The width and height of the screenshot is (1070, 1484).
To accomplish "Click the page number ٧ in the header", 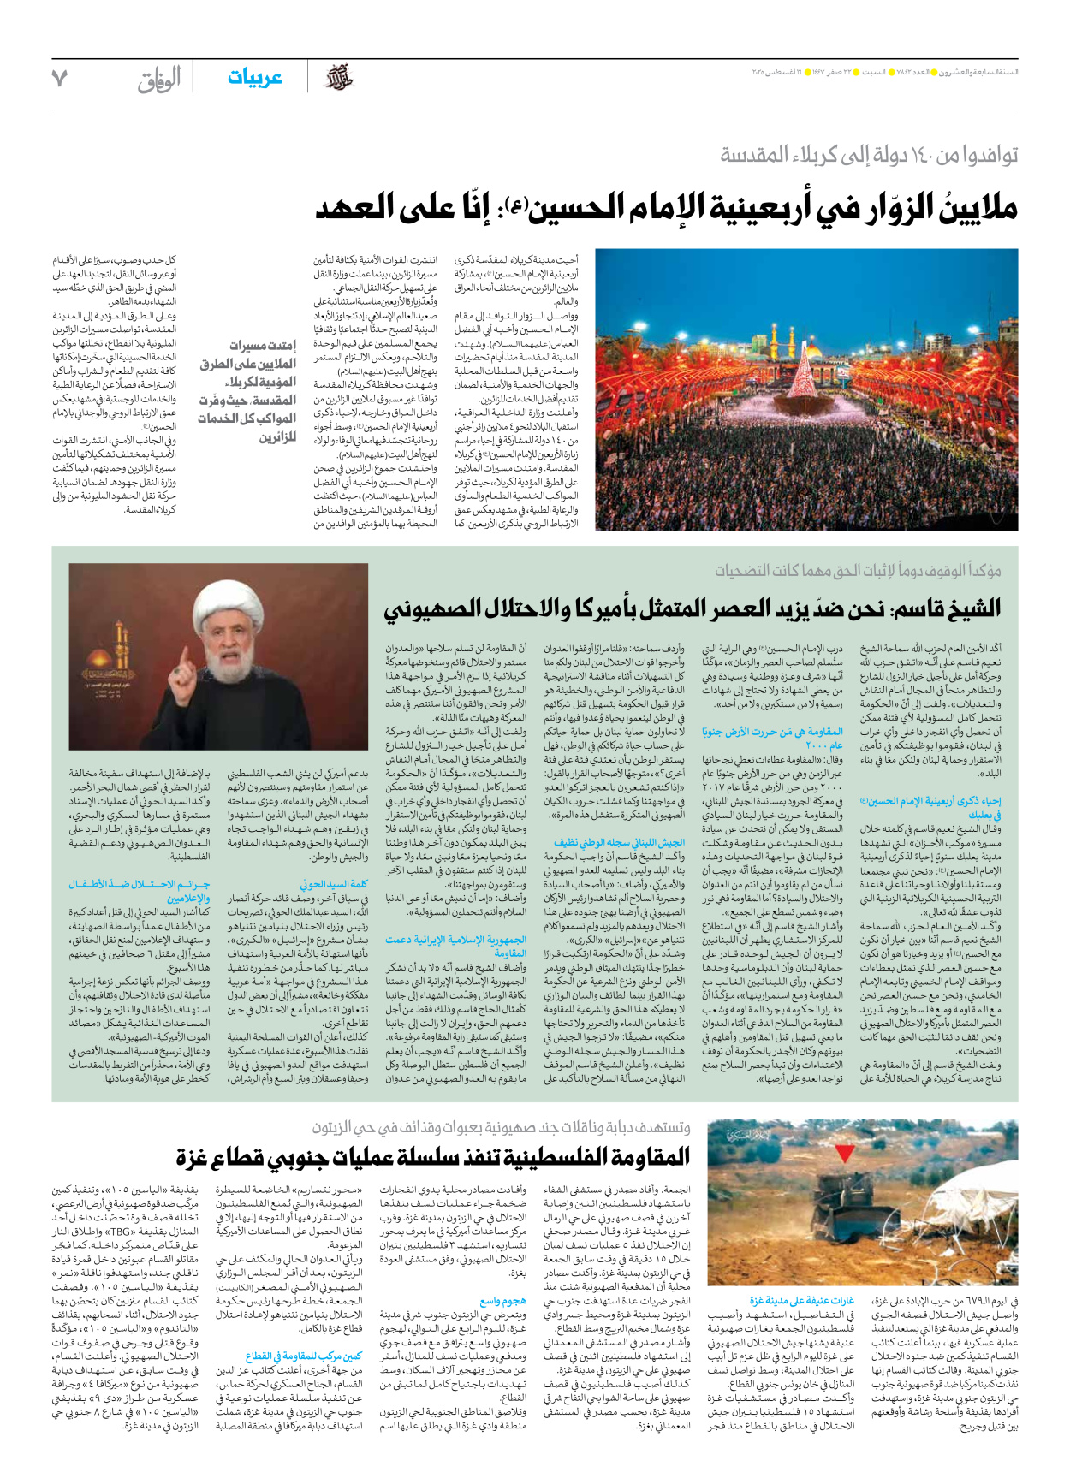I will coord(59,79).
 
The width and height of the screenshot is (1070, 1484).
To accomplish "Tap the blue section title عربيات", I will coord(254,78).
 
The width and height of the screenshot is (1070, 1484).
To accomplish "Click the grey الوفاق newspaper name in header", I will coord(159,80).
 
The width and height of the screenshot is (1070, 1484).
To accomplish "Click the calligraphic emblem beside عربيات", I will coord(340,79).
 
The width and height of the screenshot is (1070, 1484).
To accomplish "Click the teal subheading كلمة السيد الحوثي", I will coord(335,884).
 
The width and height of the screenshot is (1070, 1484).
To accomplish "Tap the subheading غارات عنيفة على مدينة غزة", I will coord(801,1300).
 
